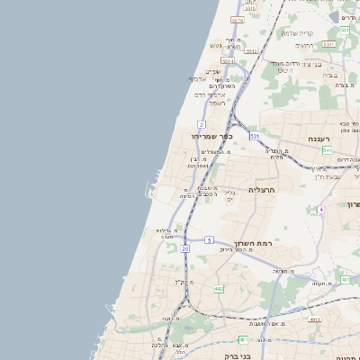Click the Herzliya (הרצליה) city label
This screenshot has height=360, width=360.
click(x=260, y=190)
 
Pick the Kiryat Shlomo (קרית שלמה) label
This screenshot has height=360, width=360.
click(x=297, y=32)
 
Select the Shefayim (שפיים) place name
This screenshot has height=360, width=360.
click(x=212, y=70)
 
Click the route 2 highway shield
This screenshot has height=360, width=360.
click(x=202, y=123)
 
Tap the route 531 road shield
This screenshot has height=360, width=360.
click(x=255, y=135)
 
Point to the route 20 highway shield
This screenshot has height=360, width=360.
click(x=184, y=247)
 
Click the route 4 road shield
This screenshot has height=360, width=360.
click(x=320, y=210)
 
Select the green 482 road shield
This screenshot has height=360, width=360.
click(x=219, y=288)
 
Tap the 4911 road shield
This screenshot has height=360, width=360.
click(x=314, y=319)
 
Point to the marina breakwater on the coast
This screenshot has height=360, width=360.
click(x=147, y=192)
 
